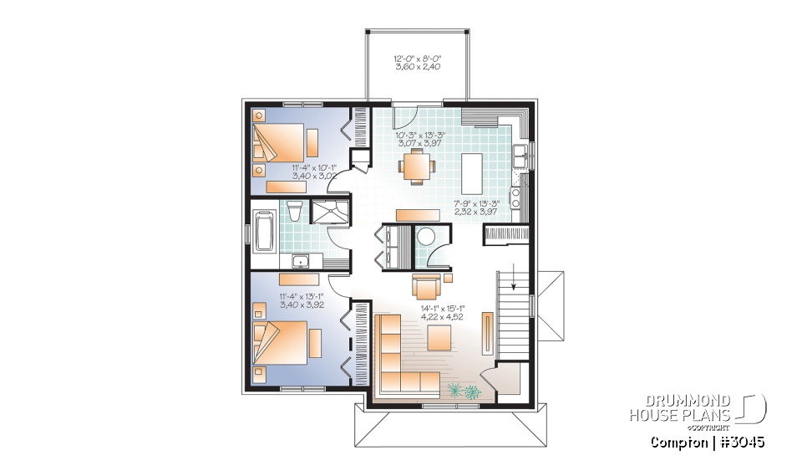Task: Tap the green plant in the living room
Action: pyautogui.click(x=463, y=390)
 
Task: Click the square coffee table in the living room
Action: pyautogui.click(x=439, y=338)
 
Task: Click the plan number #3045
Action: pyautogui.click(x=739, y=441)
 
